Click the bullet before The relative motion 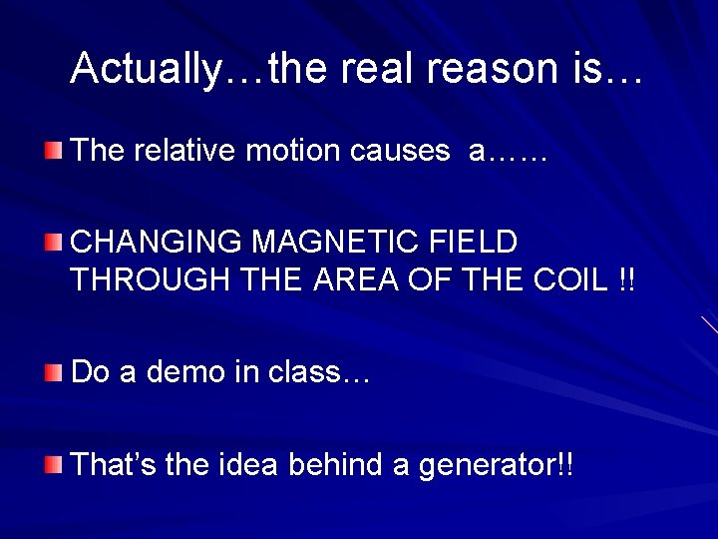click(53, 151)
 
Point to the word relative click(180, 151)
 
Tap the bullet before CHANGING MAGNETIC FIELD click(53, 242)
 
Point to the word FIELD click(479, 243)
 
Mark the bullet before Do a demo click(53, 372)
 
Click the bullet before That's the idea click(53, 464)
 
